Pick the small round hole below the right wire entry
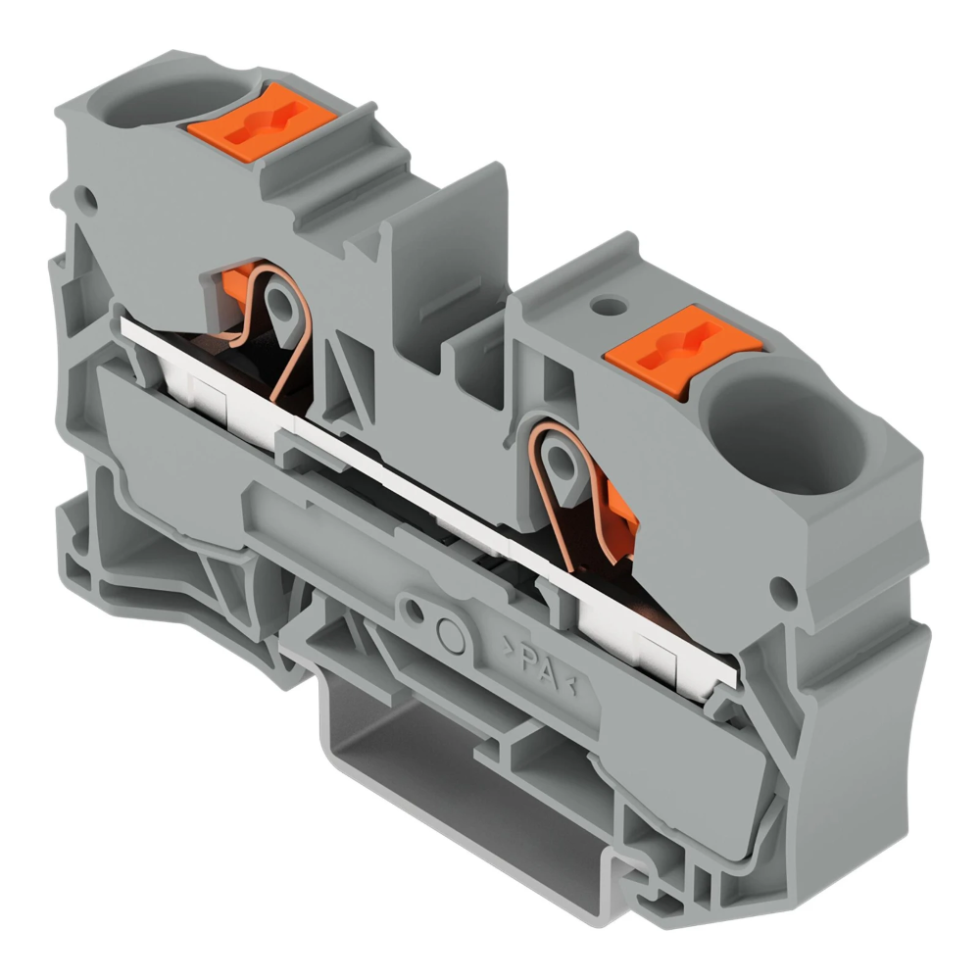781,590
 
